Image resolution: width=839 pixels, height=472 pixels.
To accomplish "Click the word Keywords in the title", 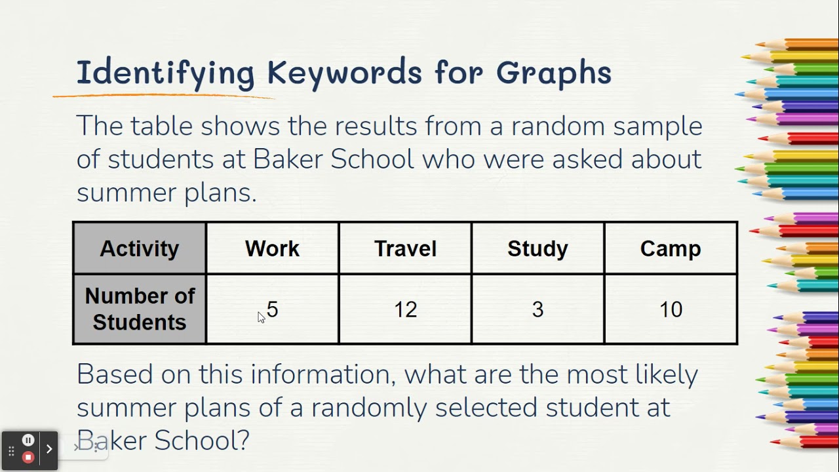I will click(x=344, y=72).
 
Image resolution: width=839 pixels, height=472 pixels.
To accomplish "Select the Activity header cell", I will click(x=140, y=248).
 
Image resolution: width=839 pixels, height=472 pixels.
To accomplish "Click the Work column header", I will click(x=272, y=248).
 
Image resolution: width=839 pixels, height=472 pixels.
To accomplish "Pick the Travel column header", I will click(x=405, y=248).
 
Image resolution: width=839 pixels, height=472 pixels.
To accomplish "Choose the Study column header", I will click(x=537, y=248).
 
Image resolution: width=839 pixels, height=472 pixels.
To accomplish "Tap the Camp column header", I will click(x=671, y=248).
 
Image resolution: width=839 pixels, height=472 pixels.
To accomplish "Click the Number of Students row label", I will click(x=140, y=309).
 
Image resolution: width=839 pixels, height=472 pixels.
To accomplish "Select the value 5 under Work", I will click(x=273, y=309).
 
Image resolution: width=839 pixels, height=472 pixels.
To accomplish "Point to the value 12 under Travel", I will click(x=405, y=309).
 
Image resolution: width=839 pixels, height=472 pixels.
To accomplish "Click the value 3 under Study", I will click(x=537, y=309).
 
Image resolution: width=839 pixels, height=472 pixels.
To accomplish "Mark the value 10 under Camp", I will click(x=671, y=309).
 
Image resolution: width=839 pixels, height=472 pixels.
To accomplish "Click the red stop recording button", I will click(x=28, y=457).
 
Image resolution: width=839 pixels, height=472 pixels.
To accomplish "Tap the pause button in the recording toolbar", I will click(x=28, y=441).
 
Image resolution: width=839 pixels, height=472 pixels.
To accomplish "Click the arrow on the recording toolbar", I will click(x=49, y=449).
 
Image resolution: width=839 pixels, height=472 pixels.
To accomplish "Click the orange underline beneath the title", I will click(x=164, y=96).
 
